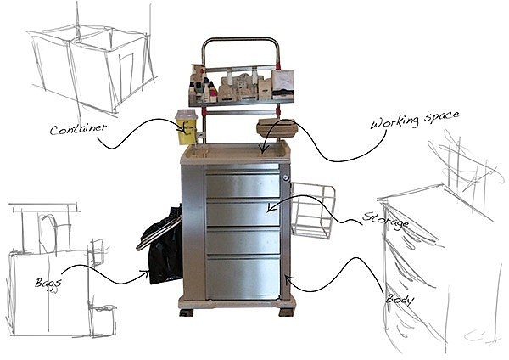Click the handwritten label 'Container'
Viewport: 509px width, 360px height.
point(77,130)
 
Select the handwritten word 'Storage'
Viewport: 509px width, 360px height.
point(386,221)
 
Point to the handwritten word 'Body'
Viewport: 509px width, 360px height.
point(400,299)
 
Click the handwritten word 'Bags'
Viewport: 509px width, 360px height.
point(48,280)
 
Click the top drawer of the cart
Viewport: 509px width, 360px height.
point(243,184)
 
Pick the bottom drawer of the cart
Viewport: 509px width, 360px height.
point(243,277)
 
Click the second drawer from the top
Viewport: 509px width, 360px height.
point(243,212)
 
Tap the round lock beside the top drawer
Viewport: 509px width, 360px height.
point(287,177)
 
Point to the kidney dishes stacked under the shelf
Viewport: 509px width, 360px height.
point(275,129)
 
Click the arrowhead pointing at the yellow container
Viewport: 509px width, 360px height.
point(181,129)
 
